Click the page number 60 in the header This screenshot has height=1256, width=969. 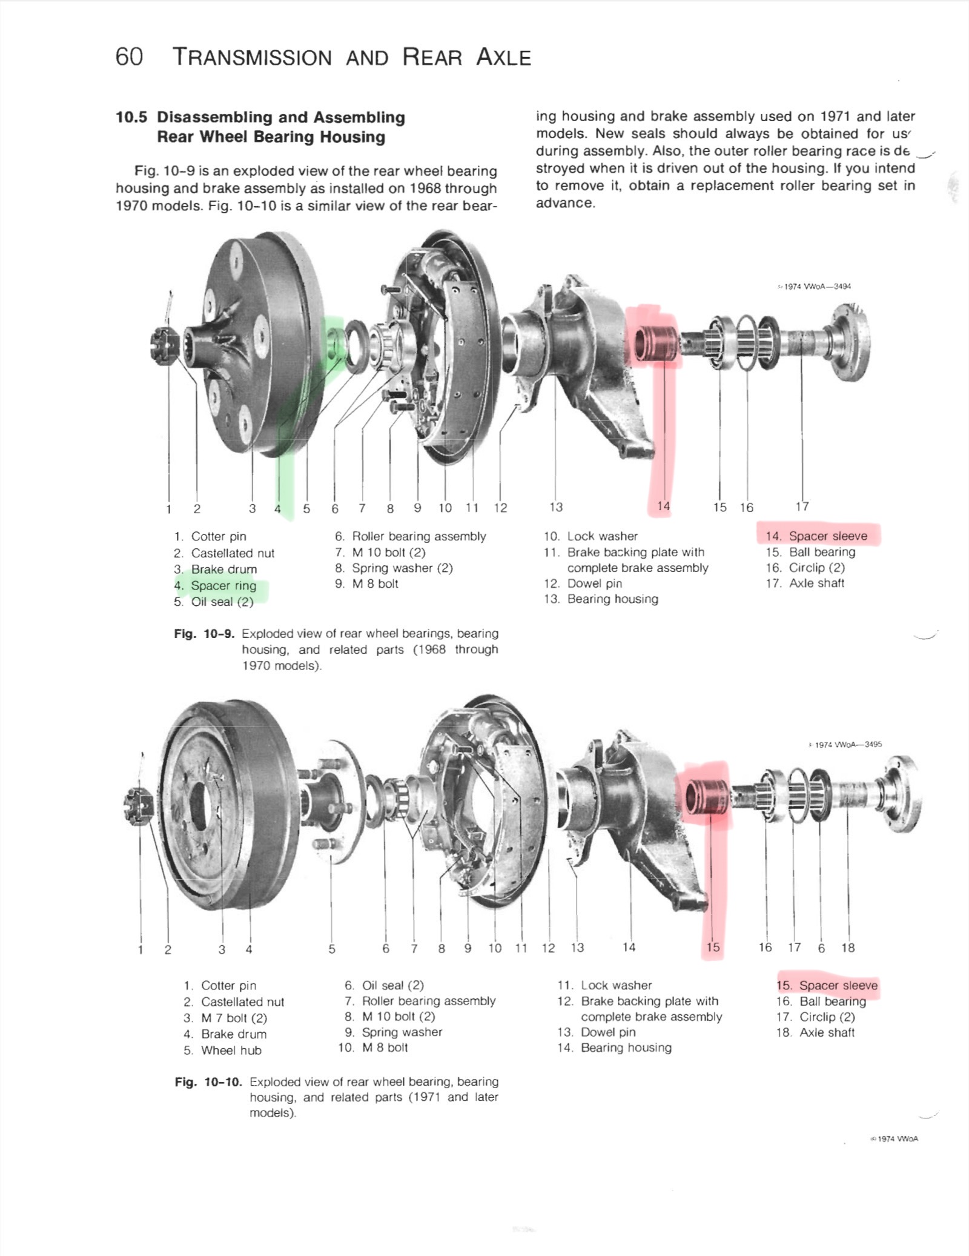point(129,57)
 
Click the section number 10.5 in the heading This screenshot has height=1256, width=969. point(131,117)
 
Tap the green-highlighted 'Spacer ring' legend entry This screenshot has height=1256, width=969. point(223,586)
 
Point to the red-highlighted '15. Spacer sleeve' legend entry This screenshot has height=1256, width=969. point(827,985)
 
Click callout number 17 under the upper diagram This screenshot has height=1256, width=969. point(802,507)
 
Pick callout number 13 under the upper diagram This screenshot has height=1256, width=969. point(556,507)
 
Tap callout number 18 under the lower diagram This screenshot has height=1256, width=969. point(848,948)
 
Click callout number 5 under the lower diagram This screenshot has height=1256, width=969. point(332,949)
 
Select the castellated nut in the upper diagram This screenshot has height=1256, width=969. point(164,347)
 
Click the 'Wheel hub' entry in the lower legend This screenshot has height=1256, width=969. point(231,1050)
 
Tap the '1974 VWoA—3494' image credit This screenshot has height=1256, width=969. point(815,287)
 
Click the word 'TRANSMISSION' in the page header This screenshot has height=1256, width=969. point(253,58)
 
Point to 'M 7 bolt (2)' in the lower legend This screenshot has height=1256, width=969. point(234,1018)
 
